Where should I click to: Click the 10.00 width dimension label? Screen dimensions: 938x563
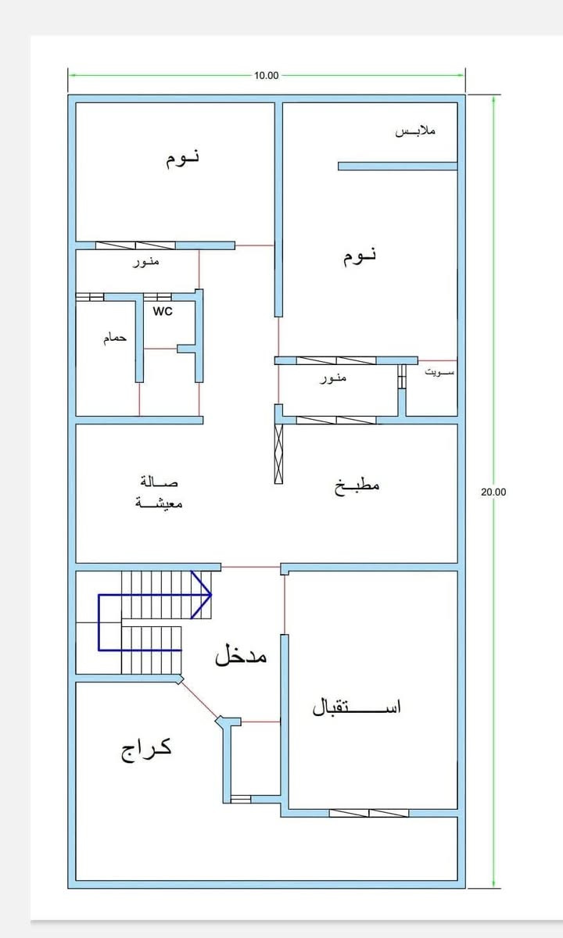(x=266, y=76)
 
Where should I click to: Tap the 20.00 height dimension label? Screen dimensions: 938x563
(x=493, y=492)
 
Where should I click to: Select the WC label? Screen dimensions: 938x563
(x=163, y=311)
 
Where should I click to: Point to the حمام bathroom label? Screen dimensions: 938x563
(x=115, y=339)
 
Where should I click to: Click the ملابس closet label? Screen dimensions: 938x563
(x=415, y=131)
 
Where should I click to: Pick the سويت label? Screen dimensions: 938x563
(x=439, y=373)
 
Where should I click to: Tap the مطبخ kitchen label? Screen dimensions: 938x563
(x=357, y=485)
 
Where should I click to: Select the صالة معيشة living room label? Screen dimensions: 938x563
(x=160, y=492)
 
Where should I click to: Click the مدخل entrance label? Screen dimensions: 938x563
(x=241, y=655)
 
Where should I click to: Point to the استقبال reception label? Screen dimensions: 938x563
(x=357, y=707)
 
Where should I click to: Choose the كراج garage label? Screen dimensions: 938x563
(x=146, y=749)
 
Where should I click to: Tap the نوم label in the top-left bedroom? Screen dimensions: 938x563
(x=182, y=158)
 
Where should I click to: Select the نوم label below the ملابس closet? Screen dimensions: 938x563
(x=360, y=256)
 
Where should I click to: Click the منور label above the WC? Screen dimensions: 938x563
(x=145, y=262)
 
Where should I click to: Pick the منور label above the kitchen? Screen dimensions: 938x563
(x=333, y=378)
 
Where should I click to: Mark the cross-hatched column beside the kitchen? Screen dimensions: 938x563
(x=278, y=453)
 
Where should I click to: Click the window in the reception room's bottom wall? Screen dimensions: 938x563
(x=368, y=813)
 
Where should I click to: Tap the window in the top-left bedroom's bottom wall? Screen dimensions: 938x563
(x=135, y=245)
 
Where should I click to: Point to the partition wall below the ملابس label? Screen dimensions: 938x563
(x=397, y=166)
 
